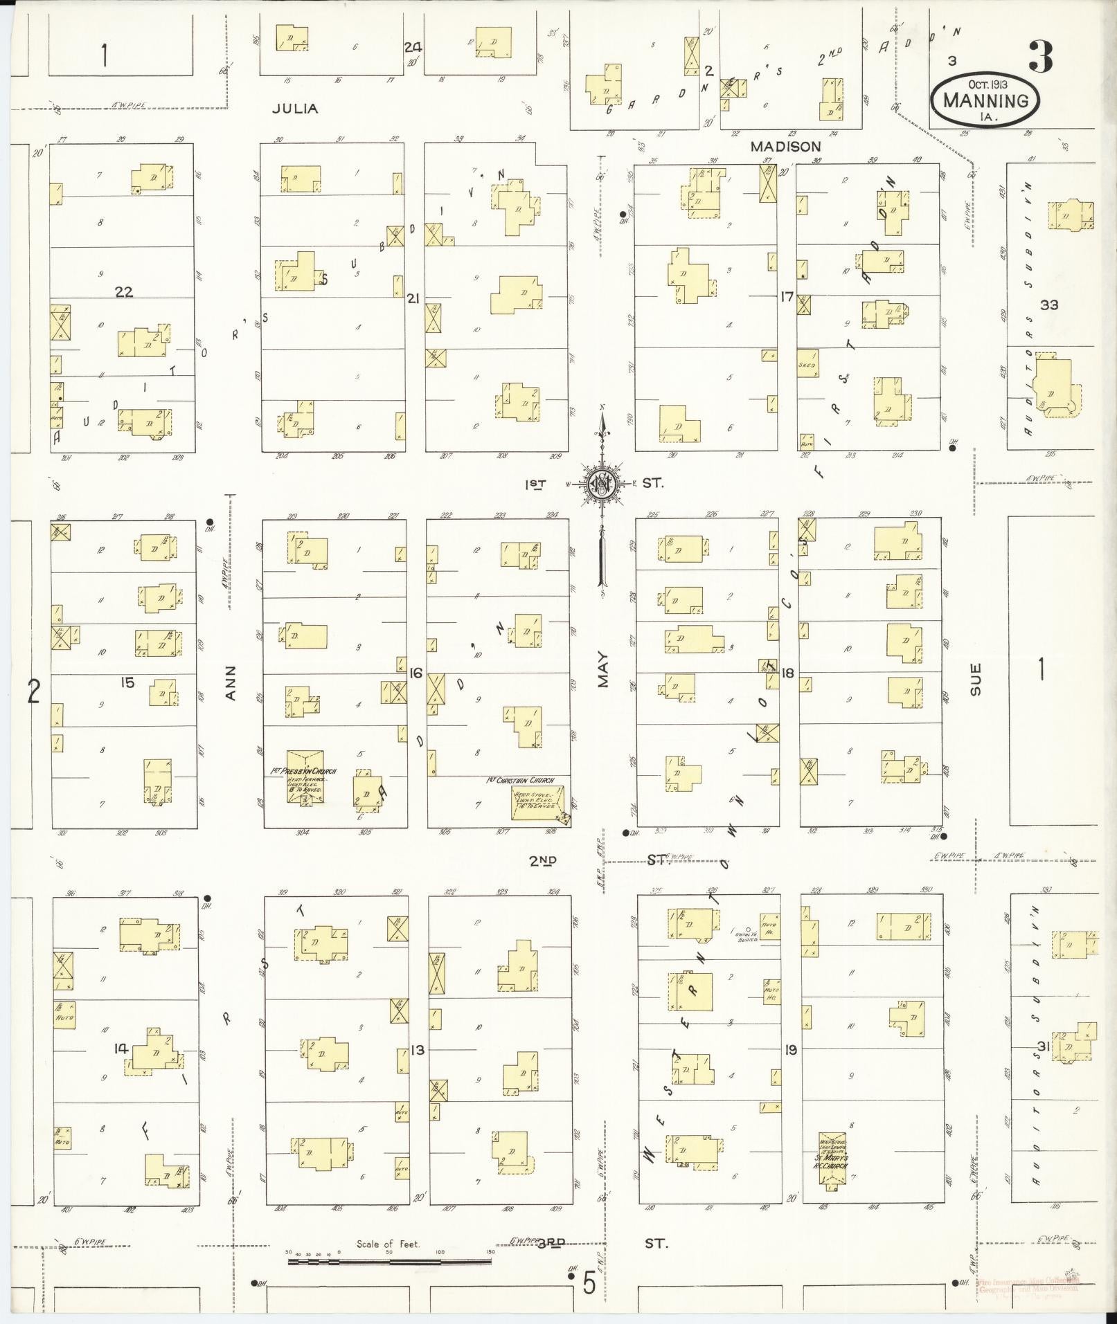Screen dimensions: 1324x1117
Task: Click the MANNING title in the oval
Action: tap(985, 100)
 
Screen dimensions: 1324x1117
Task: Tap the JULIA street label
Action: tap(295, 109)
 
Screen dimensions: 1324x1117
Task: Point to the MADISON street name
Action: tap(786, 147)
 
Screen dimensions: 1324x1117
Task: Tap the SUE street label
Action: tap(976, 679)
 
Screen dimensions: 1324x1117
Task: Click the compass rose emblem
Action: tap(602, 483)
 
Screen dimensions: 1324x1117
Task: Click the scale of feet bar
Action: tap(389, 1261)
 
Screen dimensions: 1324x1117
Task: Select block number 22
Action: tap(124, 292)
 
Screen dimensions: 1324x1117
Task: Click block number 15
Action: tap(127, 683)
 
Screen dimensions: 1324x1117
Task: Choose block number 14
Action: tap(121, 1049)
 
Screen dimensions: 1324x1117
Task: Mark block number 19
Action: tap(790, 1050)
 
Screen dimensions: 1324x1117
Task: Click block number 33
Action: tap(1048, 304)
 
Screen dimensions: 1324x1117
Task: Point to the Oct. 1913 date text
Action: tap(988, 83)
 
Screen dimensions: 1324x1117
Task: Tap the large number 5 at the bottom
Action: tap(589, 1285)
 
